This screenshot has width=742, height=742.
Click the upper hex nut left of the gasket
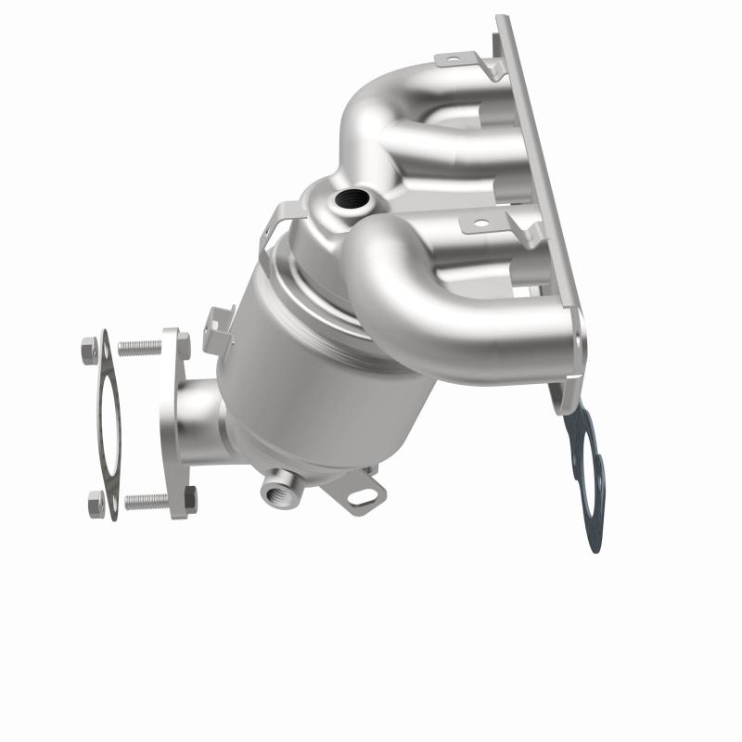tap(89, 350)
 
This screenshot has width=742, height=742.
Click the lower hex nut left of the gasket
tap(96, 504)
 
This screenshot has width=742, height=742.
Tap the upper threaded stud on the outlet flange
tap(139, 348)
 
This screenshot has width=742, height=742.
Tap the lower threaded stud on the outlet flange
tap(147, 501)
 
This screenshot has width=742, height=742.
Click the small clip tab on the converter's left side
tap(220, 329)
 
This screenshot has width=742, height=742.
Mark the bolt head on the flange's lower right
tap(185, 501)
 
